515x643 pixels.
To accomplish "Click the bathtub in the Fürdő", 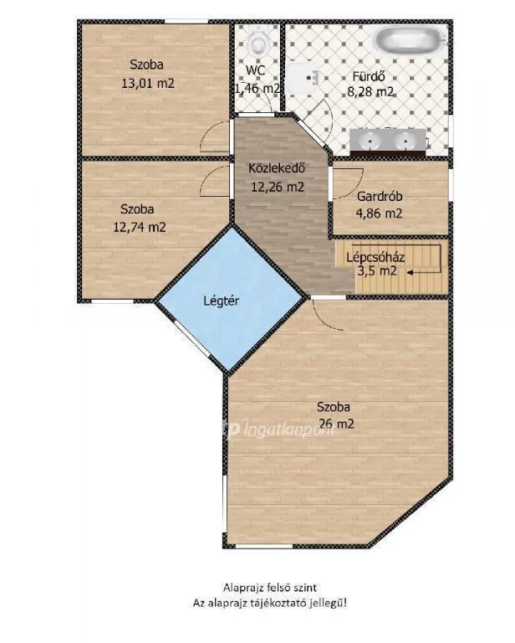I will tap(407, 39).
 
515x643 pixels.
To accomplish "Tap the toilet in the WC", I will tap(258, 39).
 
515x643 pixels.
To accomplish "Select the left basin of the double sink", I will tap(367, 141).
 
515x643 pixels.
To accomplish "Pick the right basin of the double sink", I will tap(406, 141).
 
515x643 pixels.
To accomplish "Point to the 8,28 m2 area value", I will tap(370, 91).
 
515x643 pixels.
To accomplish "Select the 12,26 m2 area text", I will tap(277, 187).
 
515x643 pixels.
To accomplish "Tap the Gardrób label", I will tap(380, 197).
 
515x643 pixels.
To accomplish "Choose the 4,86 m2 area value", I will tap(380, 213).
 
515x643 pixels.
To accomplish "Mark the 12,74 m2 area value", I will tap(139, 226).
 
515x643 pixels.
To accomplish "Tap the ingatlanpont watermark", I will tap(268, 430).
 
